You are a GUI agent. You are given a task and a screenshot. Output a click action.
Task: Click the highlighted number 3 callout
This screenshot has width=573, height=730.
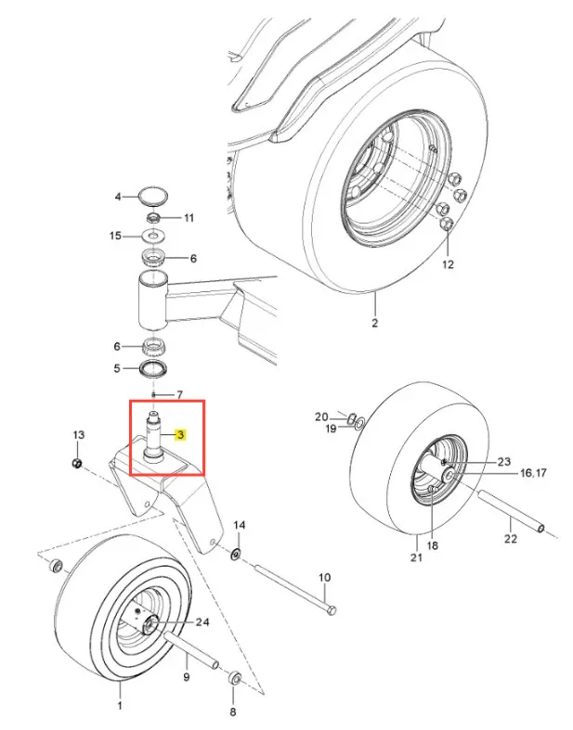pos(180,435)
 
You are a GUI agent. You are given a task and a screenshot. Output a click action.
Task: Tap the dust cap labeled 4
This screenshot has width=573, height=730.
pos(154,196)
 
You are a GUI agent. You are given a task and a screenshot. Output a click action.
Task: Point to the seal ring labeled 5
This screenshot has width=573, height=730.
pos(154,368)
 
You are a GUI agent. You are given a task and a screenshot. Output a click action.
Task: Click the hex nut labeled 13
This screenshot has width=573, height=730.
pos(77,463)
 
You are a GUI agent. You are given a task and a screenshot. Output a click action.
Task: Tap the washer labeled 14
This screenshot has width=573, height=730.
pos(237,554)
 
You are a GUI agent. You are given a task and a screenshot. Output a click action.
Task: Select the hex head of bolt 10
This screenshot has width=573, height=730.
pos(331,610)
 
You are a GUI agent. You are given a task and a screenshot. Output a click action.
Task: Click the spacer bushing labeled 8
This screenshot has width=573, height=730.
pos(235,677)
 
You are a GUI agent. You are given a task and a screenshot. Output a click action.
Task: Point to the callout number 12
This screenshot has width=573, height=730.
pos(448,264)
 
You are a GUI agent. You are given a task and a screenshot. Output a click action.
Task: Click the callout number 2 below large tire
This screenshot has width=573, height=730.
pos(375,323)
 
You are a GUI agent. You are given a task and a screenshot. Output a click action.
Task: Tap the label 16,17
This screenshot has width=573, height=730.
pos(533,472)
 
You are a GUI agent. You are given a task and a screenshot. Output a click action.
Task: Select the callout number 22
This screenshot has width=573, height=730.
pos(511,538)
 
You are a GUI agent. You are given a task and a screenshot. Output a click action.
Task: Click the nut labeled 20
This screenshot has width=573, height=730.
pos(353,416)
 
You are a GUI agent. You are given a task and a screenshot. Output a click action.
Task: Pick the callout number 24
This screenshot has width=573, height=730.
pos(202,622)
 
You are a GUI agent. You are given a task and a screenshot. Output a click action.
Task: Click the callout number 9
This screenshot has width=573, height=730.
pos(187,676)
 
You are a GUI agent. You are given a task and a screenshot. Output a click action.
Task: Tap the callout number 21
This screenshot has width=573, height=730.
pos(416,557)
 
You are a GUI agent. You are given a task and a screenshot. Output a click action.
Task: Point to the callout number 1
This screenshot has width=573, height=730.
pos(120,705)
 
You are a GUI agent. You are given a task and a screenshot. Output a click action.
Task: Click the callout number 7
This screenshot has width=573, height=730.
pos(179,395)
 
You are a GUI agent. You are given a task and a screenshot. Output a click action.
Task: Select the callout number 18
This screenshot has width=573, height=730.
pos(432,544)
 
